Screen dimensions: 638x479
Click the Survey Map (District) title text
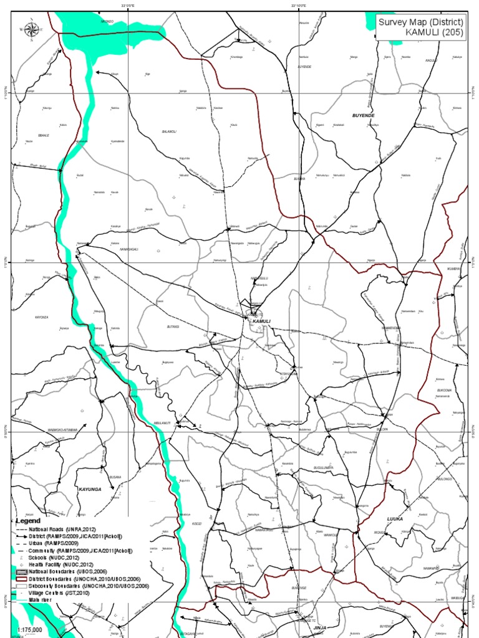click(x=420, y=22)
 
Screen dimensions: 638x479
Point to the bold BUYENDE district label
click(x=363, y=116)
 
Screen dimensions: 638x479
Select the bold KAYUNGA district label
click(x=89, y=490)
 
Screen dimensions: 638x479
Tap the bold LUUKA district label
click(x=395, y=518)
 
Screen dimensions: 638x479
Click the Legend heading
click(x=28, y=520)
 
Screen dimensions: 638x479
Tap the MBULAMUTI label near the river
click(x=162, y=423)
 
